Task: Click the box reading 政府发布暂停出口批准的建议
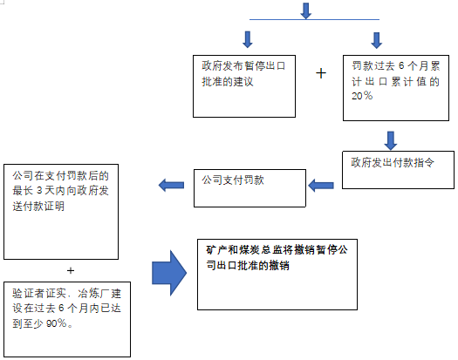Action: (x=244, y=86)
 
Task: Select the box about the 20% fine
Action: (x=396, y=87)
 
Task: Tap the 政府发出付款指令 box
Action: (x=398, y=170)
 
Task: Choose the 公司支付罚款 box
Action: (x=250, y=188)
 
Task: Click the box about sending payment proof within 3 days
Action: (x=61, y=212)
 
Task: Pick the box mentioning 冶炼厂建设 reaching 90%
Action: (x=67, y=319)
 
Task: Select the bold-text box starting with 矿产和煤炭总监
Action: (x=277, y=275)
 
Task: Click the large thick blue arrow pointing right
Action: (x=169, y=273)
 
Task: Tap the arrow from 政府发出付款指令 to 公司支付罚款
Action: (x=321, y=186)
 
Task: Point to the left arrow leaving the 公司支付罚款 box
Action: (x=171, y=185)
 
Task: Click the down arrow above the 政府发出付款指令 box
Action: (x=391, y=140)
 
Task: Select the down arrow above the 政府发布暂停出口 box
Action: (x=248, y=39)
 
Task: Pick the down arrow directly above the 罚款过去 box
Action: (x=377, y=40)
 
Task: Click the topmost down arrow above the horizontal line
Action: (x=306, y=10)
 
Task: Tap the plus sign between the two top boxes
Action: (x=321, y=73)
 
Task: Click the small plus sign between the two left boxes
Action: (x=71, y=271)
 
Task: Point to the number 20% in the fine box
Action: (x=362, y=96)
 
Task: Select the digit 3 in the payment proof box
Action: (x=39, y=191)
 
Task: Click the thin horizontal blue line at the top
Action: (x=314, y=19)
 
